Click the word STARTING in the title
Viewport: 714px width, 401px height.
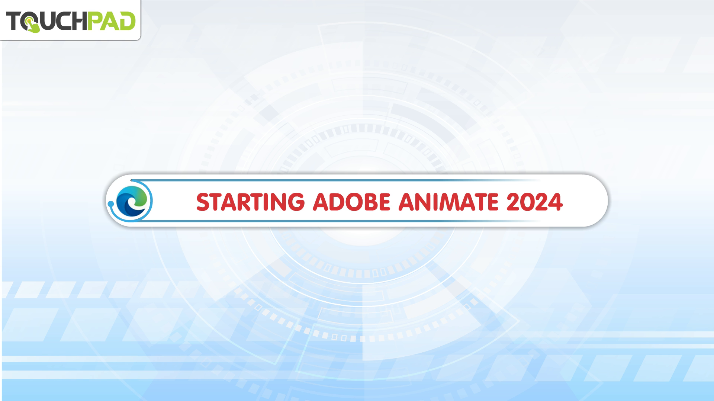[x=251, y=202]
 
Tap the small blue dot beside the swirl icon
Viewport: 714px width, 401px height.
[x=110, y=204]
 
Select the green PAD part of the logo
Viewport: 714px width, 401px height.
[x=112, y=21]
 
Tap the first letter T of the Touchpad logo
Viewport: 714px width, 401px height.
[x=13, y=21]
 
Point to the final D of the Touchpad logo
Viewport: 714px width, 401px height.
[x=127, y=21]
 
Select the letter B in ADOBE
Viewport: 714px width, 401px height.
[x=361, y=202]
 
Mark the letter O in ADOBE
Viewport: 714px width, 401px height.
[x=344, y=202]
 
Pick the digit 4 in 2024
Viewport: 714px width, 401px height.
[x=556, y=202]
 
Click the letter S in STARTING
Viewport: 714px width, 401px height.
[x=203, y=202]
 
